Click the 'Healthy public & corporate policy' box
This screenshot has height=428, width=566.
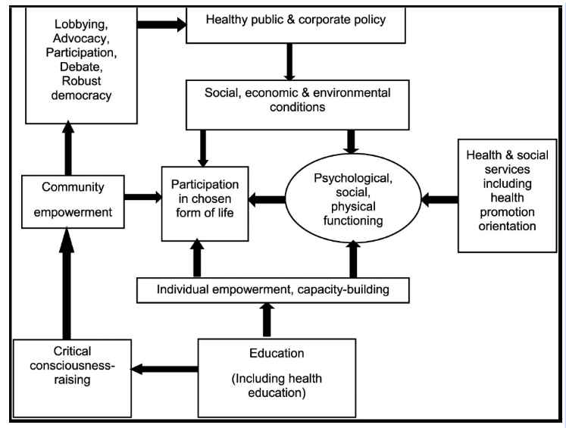click(296, 24)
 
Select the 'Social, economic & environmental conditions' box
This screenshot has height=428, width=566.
click(298, 105)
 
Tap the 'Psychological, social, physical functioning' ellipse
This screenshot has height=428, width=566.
click(353, 198)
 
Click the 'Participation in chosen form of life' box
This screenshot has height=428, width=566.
click(205, 204)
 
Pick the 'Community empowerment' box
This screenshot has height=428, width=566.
click(73, 202)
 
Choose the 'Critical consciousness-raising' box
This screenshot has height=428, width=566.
click(72, 378)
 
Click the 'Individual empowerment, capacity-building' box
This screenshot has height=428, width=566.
click(273, 290)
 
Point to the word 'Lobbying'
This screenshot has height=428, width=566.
click(81, 24)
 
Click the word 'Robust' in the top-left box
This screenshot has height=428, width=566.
click(81, 81)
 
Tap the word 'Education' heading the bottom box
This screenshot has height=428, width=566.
click(277, 353)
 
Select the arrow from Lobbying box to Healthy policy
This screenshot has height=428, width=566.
click(161, 24)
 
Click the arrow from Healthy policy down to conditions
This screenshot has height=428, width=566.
click(289, 61)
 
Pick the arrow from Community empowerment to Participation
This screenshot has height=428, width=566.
click(143, 197)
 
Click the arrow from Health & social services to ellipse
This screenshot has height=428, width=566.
click(439, 198)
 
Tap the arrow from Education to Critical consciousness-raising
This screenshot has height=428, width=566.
click(164, 369)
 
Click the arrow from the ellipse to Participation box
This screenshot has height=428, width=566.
click(267, 198)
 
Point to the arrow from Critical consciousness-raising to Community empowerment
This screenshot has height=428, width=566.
click(67, 283)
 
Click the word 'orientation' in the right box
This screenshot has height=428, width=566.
click(507, 226)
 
